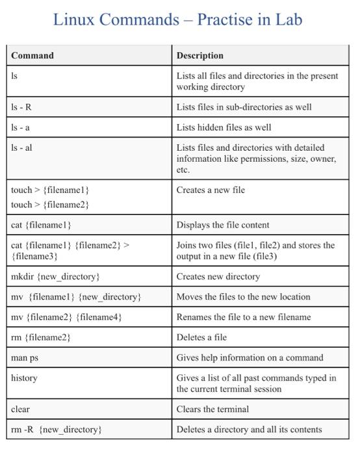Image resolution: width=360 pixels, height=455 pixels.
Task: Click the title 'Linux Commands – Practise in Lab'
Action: click(177, 20)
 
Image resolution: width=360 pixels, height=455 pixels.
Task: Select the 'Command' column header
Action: click(32, 55)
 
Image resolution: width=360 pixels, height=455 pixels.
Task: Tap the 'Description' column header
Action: click(200, 55)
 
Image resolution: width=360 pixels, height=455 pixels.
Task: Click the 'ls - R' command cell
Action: click(21, 107)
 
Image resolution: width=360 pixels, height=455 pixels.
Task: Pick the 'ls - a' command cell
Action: click(21, 127)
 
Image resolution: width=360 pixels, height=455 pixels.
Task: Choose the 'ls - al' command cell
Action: click(22, 148)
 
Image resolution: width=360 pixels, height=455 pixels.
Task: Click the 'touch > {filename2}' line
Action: click(50, 205)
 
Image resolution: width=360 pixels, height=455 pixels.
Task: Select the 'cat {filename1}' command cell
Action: click(41, 225)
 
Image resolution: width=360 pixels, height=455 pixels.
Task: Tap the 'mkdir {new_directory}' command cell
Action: click(55, 276)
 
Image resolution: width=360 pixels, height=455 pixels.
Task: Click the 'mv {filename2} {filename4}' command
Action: click(66, 317)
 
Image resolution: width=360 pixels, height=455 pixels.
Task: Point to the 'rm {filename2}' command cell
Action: click(41, 337)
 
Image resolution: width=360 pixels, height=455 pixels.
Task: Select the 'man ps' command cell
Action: click(25, 357)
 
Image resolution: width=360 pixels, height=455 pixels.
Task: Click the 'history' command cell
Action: click(24, 378)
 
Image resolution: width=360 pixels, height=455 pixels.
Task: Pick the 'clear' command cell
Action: click(21, 409)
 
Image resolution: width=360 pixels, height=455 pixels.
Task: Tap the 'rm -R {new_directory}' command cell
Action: click(57, 430)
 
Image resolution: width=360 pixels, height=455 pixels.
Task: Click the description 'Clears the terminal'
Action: click(212, 409)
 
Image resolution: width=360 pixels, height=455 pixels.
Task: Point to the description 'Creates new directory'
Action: click(218, 276)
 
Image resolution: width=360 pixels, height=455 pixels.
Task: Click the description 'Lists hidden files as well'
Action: click(224, 127)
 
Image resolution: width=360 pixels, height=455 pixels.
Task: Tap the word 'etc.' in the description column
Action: click(183, 170)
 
